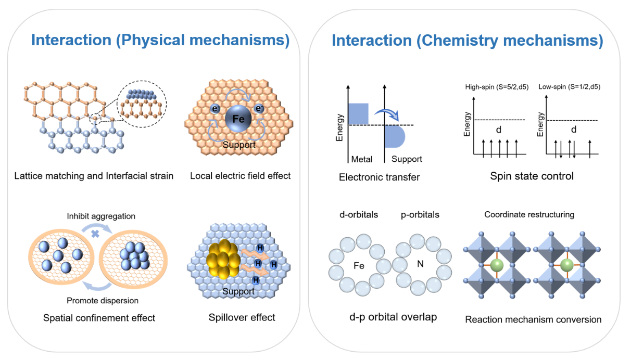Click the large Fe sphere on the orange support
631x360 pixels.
(x=238, y=119)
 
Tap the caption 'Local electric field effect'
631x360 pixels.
(x=241, y=176)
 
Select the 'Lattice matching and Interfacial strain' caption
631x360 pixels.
(x=94, y=176)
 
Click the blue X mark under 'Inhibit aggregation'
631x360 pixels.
(x=95, y=234)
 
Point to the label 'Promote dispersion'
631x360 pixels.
(x=103, y=301)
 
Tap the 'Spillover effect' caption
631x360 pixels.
(x=242, y=317)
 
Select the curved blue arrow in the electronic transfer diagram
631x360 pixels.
(x=387, y=113)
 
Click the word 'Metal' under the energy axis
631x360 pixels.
(x=362, y=159)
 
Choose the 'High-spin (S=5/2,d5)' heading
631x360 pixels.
(x=497, y=87)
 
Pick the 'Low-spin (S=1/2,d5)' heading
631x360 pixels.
(x=570, y=87)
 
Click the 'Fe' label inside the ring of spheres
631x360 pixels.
(x=359, y=266)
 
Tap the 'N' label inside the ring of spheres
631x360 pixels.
(x=420, y=264)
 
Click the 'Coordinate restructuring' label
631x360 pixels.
(x=529, y=214)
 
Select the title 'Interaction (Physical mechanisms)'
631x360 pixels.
(x=160, y=40)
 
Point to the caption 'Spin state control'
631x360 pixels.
(x=532, y=176)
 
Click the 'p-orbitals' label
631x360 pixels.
(x=420, y=215)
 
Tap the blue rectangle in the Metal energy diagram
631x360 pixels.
(x=359, y=114)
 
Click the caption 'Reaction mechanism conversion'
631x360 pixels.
(x=533, y=319)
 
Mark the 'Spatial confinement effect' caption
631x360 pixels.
(x=99, y=318)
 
